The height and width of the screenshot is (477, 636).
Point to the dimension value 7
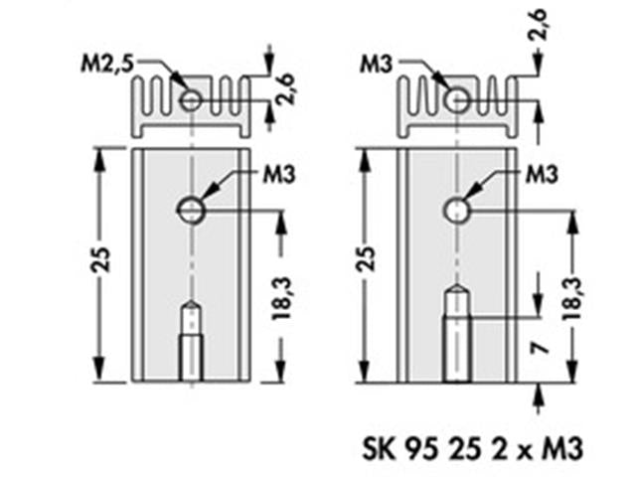537,348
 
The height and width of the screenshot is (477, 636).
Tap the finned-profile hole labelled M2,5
189,99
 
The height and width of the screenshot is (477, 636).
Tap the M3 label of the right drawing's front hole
539,175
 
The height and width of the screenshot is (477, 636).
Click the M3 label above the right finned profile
376,65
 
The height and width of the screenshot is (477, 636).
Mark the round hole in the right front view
456,209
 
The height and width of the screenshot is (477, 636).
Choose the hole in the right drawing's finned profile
456,99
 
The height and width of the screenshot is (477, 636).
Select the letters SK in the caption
380,448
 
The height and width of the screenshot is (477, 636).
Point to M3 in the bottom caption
560,448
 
